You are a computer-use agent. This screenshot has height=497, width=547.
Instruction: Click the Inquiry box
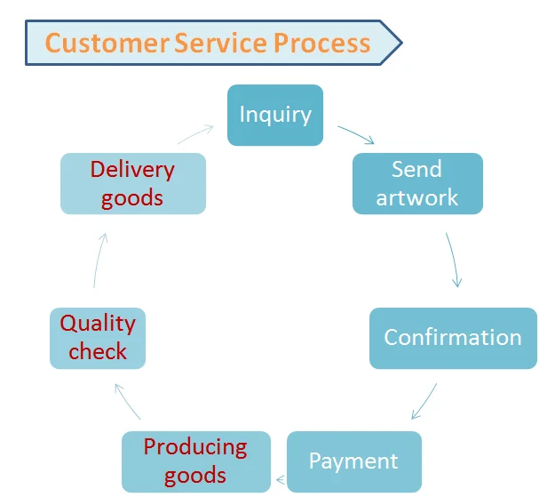pyautogui.click(x=275, y=115)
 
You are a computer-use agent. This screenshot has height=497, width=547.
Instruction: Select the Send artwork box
pyautogui.click(x=417, y=183)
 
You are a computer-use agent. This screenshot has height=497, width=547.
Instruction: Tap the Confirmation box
pyautogui.click(x=453, y=338)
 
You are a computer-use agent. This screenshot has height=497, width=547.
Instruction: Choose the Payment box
pyautogui.click(x=353, y=461)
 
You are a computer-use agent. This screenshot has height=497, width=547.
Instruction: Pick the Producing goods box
pyautogui.click(x=195, y=461)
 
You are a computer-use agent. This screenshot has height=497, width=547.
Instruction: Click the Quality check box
pyautogui.click(x=98, y=338)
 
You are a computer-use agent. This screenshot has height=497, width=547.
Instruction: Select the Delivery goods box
pyautogui.click(x=132, y=183)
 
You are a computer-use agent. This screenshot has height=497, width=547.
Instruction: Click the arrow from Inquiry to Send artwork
pyautogui.click(x=355, y=135)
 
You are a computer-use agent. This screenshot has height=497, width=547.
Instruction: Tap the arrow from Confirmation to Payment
pyautogui.click(x=424, y=401)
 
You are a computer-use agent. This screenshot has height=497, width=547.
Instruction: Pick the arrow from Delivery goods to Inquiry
pyautogui.click(x=195, y=134)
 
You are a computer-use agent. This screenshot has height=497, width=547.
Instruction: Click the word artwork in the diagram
pyautogui.click(x=417, y=197)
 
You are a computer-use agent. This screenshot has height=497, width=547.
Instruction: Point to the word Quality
pyautogui.click(x=98, y=324)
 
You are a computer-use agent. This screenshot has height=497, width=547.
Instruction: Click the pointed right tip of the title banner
pyautogui.click(x=400, y=42)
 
